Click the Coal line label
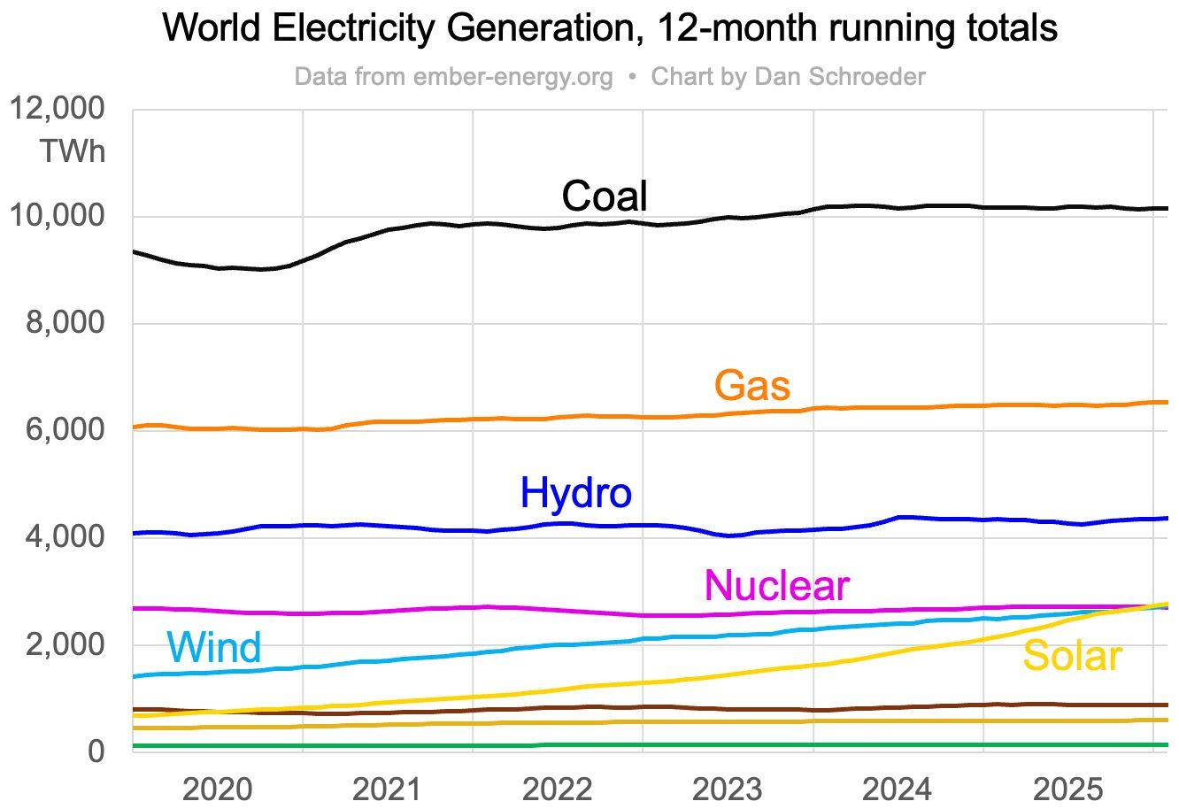click(x=605, y=196)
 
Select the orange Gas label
click(x=751, y=385)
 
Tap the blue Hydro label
click(x=575, y=492)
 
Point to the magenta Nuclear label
click(x=776, y=585)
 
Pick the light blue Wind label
click(x=213, y=647)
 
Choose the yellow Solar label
click(x=1072, y=656)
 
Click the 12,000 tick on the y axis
click(x=56, y=109)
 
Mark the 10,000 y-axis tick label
click(x=56, y=216)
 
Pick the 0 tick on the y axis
click(x=95, y=751)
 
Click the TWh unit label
click(x=72, y=151)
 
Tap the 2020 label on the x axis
click(x=218, y=789)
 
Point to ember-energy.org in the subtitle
click(x=512, y=77)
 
